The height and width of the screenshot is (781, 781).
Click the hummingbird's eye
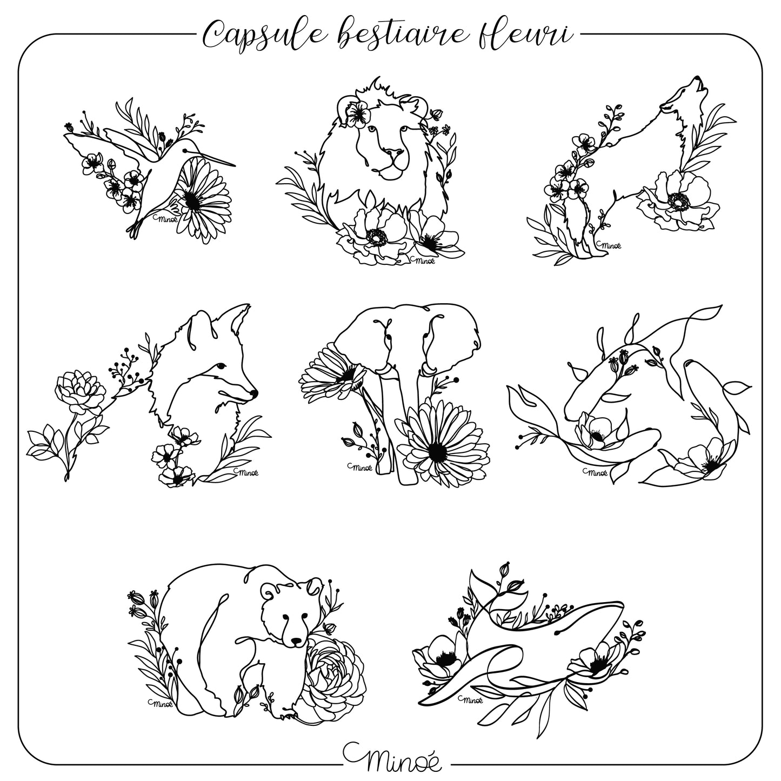(185, 150)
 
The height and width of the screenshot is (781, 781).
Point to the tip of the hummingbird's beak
(235, 166)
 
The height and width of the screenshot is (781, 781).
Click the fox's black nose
(254, 392)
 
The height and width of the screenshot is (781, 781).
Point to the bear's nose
(297, 642)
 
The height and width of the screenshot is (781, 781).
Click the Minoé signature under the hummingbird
(165, 219)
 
